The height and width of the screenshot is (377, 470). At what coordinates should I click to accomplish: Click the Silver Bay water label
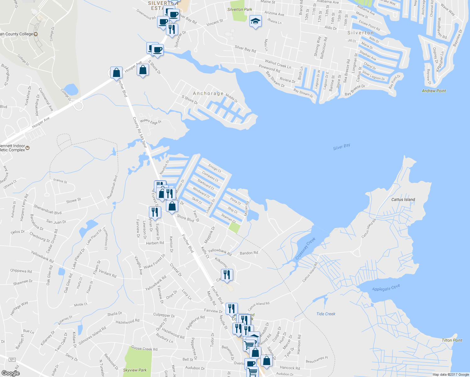[x=342, y=147]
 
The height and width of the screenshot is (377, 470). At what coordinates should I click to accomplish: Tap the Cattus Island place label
[x=403, y=199]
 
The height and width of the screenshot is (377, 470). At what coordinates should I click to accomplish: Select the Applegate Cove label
[x=386, y=288]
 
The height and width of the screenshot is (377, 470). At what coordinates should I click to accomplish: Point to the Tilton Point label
[x=452, y=340]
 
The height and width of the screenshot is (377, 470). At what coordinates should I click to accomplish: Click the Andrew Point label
[x=434, y=91]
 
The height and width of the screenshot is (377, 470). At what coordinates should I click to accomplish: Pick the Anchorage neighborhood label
[x=208, y=93]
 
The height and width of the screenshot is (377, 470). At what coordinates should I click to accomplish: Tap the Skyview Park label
[x=135, y=370]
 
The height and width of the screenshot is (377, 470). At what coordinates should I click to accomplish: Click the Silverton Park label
[x=240, y=9]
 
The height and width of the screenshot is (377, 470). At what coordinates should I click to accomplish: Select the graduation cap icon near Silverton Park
[x=255, y=22]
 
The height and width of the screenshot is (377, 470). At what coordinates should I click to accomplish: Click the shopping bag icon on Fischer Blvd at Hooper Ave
[x=116, y=73]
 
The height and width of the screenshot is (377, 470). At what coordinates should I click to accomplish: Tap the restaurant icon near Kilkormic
[x=227, y=275]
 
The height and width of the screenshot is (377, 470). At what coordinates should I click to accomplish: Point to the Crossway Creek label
[x=305, y=249]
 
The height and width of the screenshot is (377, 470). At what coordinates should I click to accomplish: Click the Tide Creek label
[x=326, y=314]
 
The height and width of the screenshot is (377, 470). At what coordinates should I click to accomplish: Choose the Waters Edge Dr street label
[x=150, y=122]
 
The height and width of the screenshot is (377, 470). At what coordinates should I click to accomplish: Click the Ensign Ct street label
[x=215, y=169]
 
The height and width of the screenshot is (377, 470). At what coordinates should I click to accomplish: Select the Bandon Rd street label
[x=249, y=253]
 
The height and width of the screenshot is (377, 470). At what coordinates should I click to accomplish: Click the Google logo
[x=10, y=373]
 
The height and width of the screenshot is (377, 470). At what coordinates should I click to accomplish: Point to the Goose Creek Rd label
[x=144, y=348]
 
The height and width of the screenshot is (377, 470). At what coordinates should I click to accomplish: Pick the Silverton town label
[x=360, y=33]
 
